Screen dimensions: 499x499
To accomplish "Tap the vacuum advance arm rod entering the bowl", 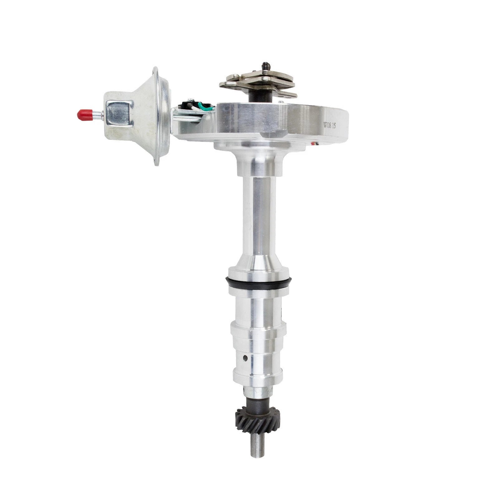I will click(x=187, y=119).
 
